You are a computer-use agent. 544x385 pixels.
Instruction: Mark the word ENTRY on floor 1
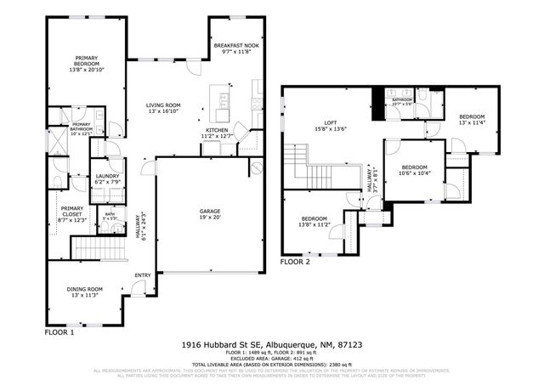pos(142,275)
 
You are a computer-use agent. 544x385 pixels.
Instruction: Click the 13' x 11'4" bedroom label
pos(472,119)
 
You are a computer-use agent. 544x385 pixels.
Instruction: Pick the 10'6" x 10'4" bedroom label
pos(414,170)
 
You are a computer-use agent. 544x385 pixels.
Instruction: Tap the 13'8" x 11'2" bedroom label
pos(312,221)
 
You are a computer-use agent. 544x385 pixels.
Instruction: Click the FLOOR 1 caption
pos(60,333)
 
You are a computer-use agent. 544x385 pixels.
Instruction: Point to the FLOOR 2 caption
pos(297,263)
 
